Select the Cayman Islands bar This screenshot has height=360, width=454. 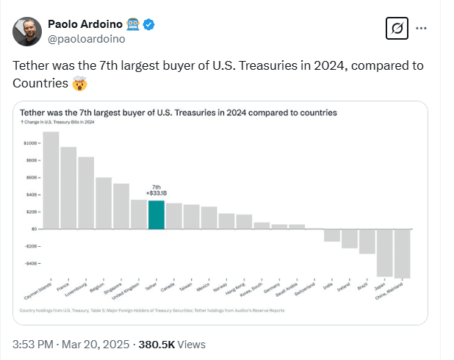tap(51, 180)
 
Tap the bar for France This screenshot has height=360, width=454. tap(68, 187)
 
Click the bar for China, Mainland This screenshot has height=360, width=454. tap(403, 253)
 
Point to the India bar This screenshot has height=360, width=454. tap(332, 235)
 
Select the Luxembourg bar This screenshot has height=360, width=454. tap(86, 192)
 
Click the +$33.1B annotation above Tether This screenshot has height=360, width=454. tap(156, 194)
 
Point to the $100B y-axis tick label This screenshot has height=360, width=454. tap(30, 143)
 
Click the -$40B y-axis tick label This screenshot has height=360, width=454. tap(30, 263)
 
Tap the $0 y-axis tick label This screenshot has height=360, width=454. tap(33, 228)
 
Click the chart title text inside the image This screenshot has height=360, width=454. tap(179, 113)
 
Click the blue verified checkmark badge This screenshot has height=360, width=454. tap(148, 24)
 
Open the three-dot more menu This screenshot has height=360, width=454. tap(422, 28)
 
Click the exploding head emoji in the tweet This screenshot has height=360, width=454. tap(79, 84)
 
